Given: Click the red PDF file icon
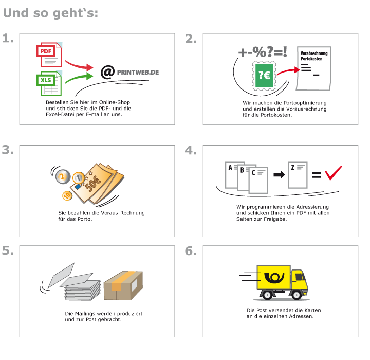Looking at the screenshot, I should pos(48,55).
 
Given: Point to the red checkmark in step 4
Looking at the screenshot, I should pos(333,173).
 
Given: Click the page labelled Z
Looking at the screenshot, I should pos(298,175).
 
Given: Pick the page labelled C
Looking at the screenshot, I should pos(258,179).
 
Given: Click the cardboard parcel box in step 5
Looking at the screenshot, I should pos(123,285).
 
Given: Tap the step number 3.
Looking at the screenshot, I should pos(8,150).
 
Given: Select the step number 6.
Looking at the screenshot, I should pos(191,251).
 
